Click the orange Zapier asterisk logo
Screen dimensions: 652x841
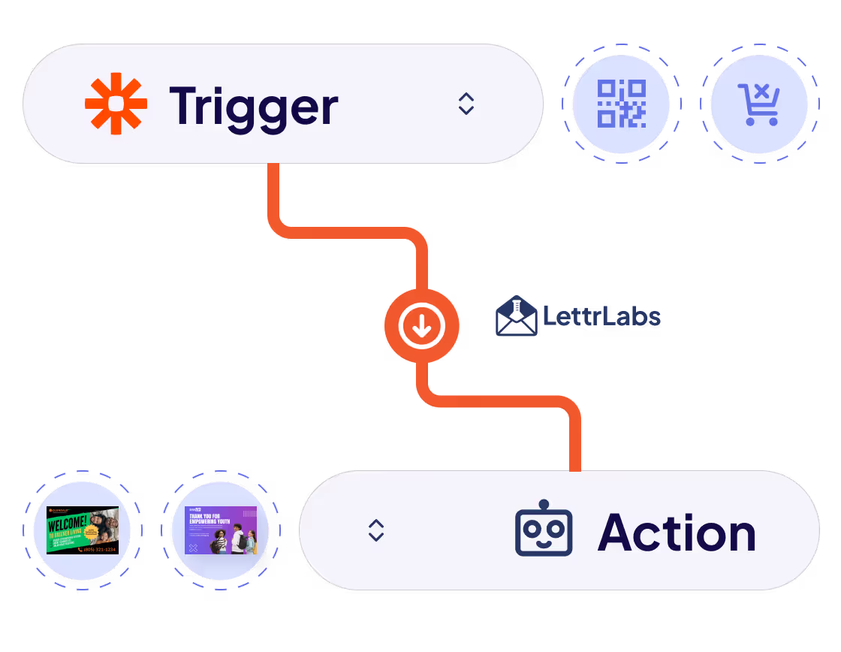[115, 104]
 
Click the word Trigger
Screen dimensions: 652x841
[254, 106]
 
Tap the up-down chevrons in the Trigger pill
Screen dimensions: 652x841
[466, 104]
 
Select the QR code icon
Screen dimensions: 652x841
[621, 104]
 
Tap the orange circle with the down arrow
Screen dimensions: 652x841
[421, 326]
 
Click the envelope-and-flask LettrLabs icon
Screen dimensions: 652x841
[516, 315]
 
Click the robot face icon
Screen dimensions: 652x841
[544, 532]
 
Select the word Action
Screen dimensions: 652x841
[677, 533]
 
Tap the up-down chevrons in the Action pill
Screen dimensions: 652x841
[376, 530]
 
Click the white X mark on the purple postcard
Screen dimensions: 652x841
[193, 548]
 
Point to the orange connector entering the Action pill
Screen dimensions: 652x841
[574, 451]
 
